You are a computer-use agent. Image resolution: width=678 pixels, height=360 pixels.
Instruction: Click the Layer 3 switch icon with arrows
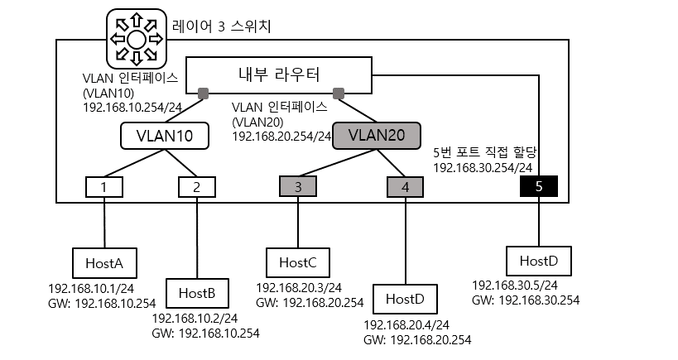[x=137, y=38]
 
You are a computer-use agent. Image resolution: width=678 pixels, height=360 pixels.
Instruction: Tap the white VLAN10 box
[x=164, y=136]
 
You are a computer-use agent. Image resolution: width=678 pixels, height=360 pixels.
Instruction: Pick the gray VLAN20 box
[x=377, y=135]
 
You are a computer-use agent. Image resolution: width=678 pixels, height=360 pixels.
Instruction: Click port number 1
[x=104, y=187]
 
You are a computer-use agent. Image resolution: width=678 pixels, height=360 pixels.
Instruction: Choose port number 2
[x=196, y=187]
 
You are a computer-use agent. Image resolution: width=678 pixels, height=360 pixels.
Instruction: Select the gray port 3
[x=298, y=187]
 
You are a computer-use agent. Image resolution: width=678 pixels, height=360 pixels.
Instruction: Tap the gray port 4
[x=405, y=187]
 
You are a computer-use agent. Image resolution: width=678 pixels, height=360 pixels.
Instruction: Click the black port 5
[x=539, y=187]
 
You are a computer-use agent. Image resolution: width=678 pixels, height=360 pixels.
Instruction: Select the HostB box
[x=197, y=292]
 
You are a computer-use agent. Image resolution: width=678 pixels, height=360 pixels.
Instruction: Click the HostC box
[x=298, y=262]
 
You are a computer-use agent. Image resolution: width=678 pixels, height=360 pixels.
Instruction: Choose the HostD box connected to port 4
[x=405, y=297]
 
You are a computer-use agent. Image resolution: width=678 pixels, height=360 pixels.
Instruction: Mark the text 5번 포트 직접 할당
[x=485, y=152]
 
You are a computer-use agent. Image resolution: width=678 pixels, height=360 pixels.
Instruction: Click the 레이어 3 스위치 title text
[x=221, y=26]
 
